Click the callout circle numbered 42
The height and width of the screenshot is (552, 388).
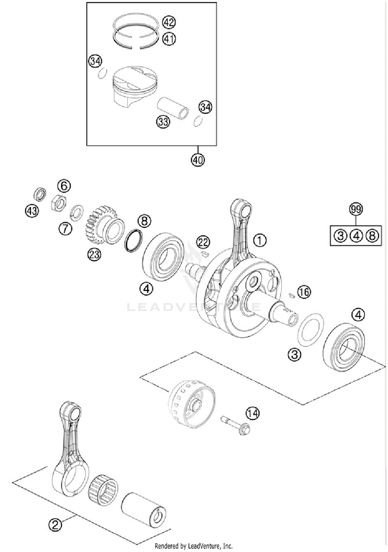pos(169,22)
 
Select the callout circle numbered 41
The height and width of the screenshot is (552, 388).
pos(169,39)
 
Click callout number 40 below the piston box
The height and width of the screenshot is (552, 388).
pos(198,160)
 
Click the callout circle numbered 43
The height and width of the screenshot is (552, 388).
pos(32,211)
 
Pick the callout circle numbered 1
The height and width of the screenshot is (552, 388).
pos(259,241)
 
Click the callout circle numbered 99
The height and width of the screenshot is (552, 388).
pos(356,209)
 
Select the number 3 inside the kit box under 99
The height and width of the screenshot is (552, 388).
pos(340,236)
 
